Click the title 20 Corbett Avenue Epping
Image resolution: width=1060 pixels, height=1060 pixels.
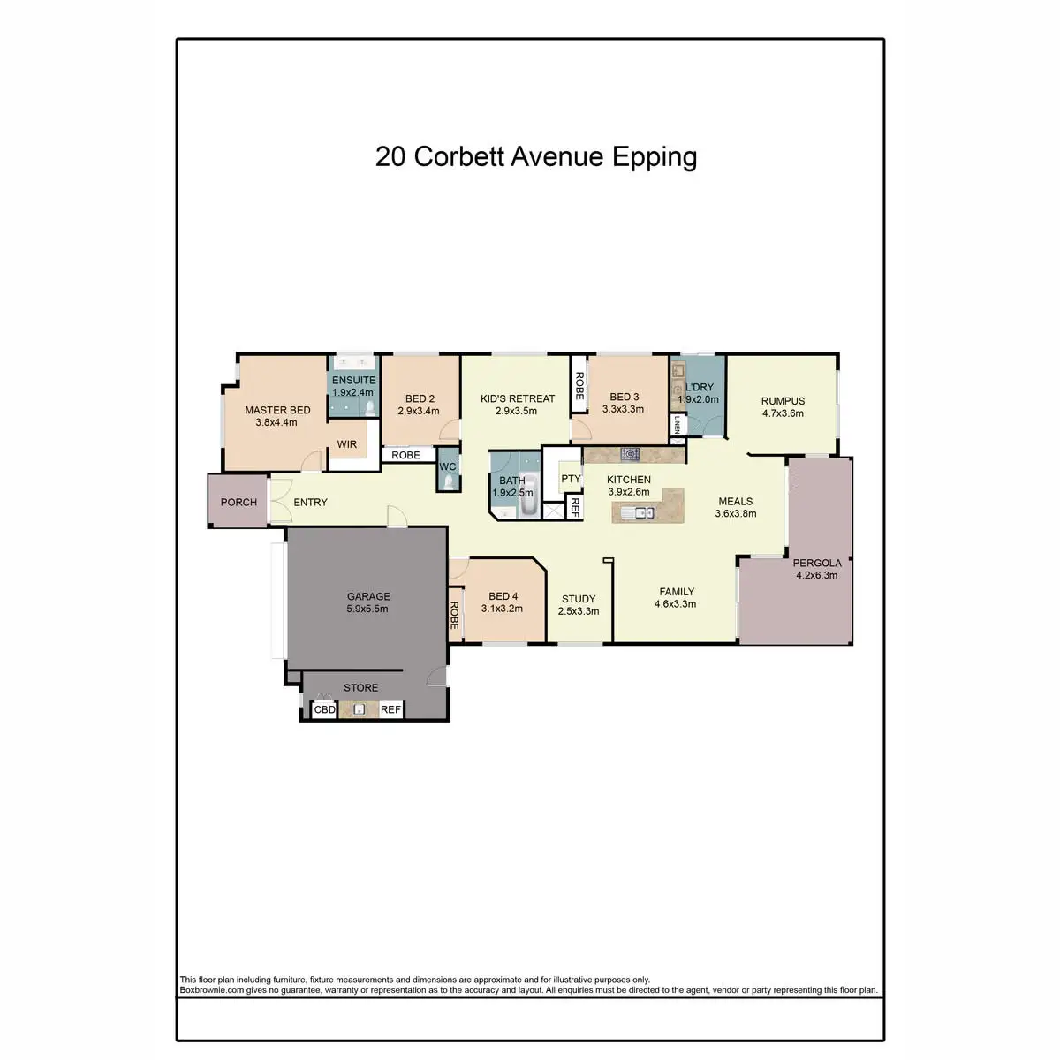click(x=536, y=157)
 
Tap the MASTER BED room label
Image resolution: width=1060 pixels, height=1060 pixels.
click(x=277, y=410)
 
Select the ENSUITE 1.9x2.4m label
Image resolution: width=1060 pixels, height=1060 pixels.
click(x=353, y=386)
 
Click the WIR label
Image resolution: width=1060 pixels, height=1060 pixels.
click(x=347, y=444)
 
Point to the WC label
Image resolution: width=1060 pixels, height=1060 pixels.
click(x=448, y=466)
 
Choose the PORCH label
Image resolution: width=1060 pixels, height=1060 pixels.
click(x=238, y=502)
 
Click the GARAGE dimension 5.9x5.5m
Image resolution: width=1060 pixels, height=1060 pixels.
click(x=367, y=609)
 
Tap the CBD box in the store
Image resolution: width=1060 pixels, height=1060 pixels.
click(x=325, y=709)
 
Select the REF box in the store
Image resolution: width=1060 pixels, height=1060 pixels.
click(x=390, y=709)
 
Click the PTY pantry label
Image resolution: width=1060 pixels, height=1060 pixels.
click(x=571, y=480)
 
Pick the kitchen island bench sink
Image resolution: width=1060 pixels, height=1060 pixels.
click(x=637, y=512)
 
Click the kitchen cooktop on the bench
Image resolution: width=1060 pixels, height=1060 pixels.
click(x=630, y=454)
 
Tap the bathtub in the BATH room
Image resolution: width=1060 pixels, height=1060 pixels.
click(x=528, y=503)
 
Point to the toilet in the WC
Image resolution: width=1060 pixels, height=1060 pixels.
click(x=449, y=481)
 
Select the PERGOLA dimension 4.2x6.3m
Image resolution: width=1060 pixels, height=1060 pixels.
click(x=816, y=575)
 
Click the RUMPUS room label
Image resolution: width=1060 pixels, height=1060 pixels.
click(x=783, y=401)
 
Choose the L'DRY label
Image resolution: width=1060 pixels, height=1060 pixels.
click(x=699, y=387)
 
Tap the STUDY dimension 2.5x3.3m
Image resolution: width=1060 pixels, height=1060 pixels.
click(x=579, y=611)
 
